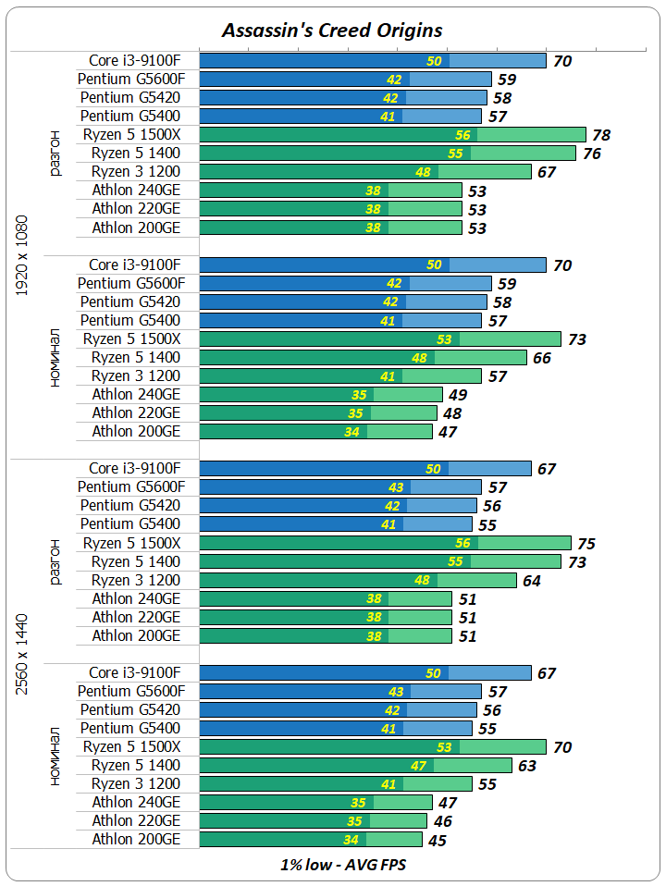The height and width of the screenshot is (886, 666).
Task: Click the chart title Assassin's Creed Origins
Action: [332, 30]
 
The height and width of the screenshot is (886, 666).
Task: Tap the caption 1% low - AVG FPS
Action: [342, 866]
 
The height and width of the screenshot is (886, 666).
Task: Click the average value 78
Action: [601, 135]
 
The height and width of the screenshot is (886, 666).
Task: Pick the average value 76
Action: [591, 154]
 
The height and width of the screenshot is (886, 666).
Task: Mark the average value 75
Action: [586, 544]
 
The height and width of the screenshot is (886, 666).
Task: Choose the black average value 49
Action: [458, 395]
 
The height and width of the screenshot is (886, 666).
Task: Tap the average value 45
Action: [438, 841]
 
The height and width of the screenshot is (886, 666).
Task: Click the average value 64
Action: [531, 581]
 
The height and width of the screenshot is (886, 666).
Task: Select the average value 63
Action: [526, 766]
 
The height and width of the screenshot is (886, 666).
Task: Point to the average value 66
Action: [541, 358]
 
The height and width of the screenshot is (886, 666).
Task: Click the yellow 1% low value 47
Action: [418, 766]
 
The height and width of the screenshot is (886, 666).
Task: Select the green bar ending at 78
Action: [393, 135]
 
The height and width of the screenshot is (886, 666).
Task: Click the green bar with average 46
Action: [314, 821]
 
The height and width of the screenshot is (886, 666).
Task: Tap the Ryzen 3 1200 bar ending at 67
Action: [365, 172]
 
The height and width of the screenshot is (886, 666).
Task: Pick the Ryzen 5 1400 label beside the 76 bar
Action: [136, 154]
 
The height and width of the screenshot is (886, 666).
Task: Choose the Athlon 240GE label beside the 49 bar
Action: [136, 395]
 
